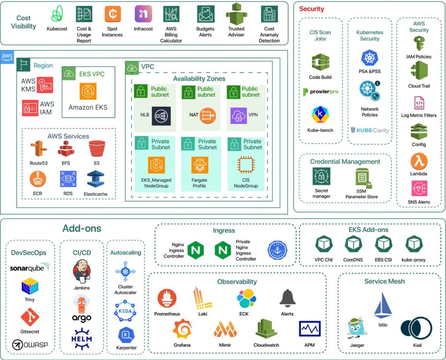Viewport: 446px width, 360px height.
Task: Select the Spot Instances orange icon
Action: (x=112, y=14)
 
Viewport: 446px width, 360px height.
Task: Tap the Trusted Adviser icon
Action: (x=237, y=14)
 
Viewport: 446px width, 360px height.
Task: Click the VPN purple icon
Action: (x=239, y=115)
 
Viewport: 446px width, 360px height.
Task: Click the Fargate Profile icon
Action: (x=200, y=166)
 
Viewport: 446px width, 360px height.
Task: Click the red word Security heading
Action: (x=312, y=9)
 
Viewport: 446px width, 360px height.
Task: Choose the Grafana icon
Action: (x=182, y=329)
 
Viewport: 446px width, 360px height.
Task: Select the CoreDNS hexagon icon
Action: (x=353, y=244)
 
